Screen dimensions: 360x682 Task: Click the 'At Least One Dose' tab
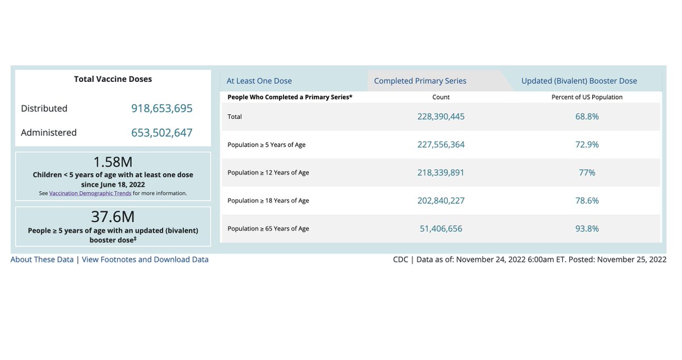[259, 81]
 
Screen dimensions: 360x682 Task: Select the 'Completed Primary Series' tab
[420, 81]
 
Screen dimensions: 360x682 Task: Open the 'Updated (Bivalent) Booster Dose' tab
[579, 81]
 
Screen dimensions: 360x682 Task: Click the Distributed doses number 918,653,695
[162, 108]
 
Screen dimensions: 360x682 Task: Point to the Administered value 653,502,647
[162, 133]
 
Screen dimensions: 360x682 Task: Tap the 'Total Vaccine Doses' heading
[113, 79]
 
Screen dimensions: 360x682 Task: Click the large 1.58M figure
[113, 162]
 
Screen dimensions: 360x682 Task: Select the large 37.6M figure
[113, 217]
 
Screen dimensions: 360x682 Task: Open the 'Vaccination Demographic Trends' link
[90, 193]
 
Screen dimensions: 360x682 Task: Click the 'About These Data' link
[42, 259]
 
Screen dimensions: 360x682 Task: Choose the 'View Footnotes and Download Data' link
[145, 259]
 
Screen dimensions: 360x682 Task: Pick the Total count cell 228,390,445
[441, 117]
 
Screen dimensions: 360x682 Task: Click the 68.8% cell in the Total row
[587, 117]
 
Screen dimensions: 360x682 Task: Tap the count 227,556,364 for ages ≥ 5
[441, 144]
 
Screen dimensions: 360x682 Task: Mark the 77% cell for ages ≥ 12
[587, 172]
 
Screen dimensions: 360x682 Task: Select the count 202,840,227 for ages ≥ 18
[441, 200]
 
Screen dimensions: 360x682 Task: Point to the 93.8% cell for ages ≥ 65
[587, 229]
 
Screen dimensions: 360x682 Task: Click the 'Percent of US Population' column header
[587, 97]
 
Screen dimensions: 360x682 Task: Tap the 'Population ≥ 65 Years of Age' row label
[268, 229]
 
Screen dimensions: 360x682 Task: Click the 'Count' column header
[441, 97]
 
